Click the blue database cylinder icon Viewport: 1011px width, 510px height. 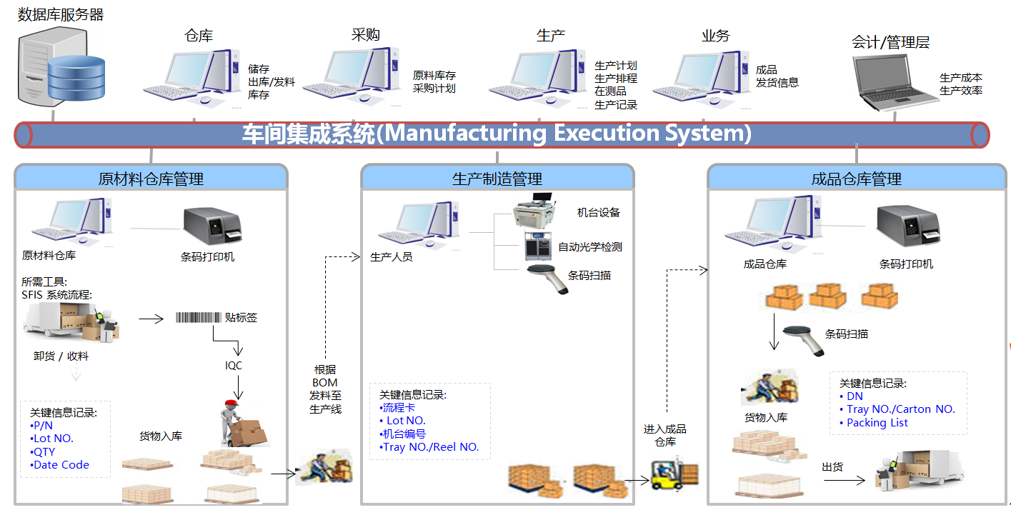tap(76, 78)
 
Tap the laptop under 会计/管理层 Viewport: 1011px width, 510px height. tap(894, 83)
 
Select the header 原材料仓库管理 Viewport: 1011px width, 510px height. tap(151, 179)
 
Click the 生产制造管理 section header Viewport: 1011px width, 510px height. tap(497, 179)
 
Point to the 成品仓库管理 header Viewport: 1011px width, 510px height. tap(856, 179)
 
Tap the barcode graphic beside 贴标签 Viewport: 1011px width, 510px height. tap(199, 317)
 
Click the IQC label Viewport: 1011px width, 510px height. tap(234, 366)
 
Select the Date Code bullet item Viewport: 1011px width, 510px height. tap(59, 465)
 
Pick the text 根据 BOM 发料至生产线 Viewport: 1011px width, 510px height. tap(325, 389)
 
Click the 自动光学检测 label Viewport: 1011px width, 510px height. tap(590, 247)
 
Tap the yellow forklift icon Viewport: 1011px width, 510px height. tap(674, 474)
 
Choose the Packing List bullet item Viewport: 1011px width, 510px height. tap(873, 423)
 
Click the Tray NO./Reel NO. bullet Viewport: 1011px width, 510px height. tap(429, 447)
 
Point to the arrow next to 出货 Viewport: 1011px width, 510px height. tap(844, 480)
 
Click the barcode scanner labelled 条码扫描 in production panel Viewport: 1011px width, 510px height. tap(548, 279)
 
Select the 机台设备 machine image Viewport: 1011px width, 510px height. tap(534, 211)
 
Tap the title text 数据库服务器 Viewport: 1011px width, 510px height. tap(61, 15)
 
